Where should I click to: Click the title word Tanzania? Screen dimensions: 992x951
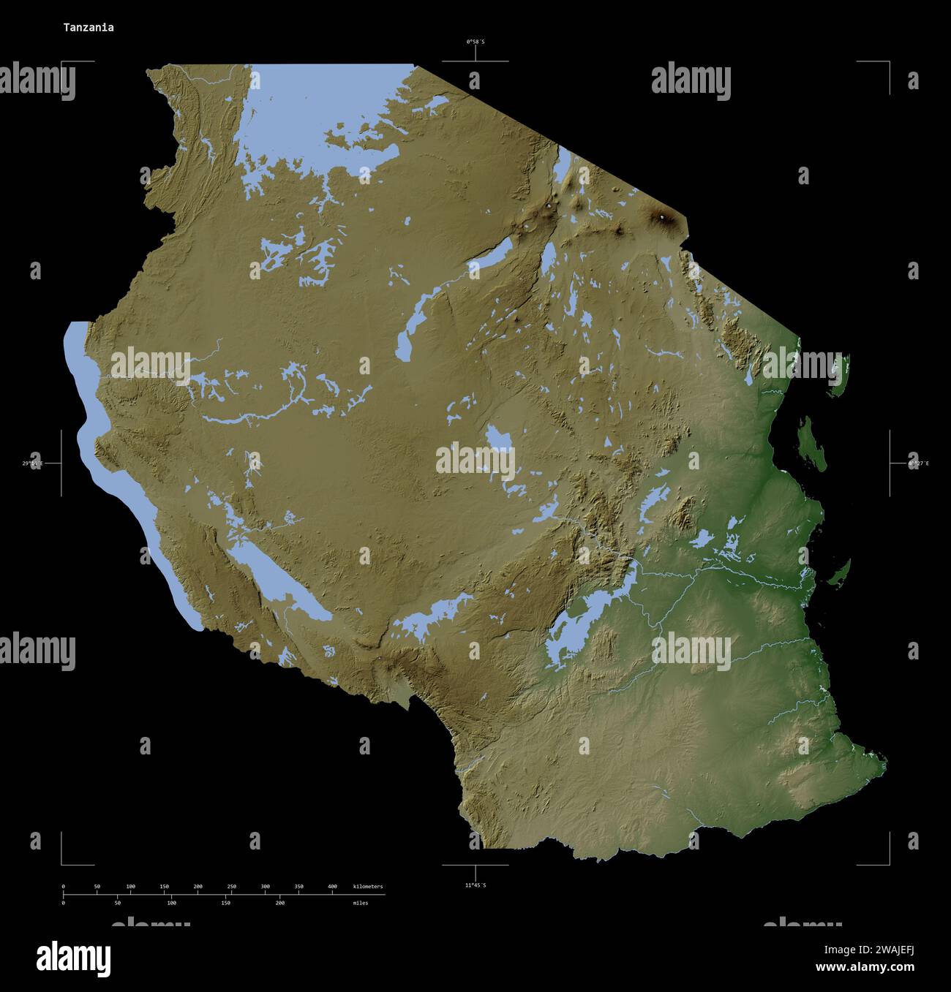click(88, 28)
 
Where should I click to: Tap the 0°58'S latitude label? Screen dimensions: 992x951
click(475, 42)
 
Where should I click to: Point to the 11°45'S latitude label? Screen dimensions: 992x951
click(475, 885)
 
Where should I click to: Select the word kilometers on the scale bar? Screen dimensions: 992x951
click(367, 887)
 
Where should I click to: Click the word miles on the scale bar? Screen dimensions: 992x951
click(360, 903)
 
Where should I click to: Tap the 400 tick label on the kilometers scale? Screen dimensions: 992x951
click(332, 887)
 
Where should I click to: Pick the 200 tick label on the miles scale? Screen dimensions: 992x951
click(279, 903)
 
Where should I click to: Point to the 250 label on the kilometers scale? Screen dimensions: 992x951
click(231, 887)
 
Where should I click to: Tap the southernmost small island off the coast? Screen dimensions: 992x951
click(840, 573)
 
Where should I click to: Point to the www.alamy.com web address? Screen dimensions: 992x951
click(865, 968)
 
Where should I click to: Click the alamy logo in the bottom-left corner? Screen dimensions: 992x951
click(73, 957)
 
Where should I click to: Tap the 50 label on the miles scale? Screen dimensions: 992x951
click(117, 903)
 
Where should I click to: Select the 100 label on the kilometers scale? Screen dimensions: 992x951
click(130, 887)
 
